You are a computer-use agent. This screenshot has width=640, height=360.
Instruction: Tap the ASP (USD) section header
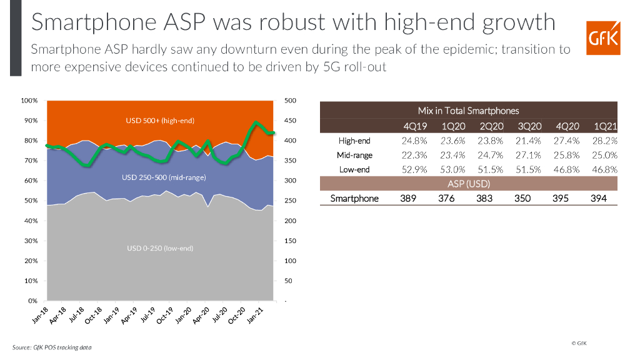[x=468, y=184]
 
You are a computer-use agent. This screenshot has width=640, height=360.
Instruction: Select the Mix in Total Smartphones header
[x=468, y=111]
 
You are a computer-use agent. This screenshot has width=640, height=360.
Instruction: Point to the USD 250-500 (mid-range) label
[x=164, y=177]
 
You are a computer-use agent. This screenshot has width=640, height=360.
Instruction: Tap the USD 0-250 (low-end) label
[x=160, y=248]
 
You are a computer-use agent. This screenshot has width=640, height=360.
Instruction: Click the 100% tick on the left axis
[x=30, y=101]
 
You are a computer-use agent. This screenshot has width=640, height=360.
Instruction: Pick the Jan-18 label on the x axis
[x=41, y=316]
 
